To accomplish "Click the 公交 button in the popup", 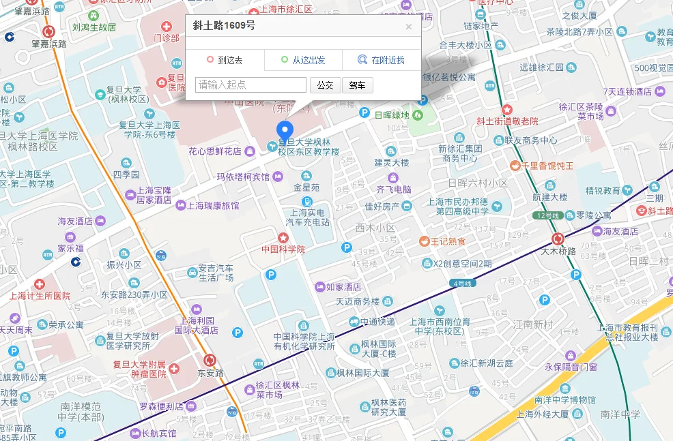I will pos(325,85).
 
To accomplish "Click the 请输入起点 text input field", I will pos(250,85).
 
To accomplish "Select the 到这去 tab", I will pos(225,60).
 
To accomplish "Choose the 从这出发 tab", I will pos(303,60).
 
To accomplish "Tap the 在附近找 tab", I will pos(381,60).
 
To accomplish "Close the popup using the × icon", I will pos(409,27).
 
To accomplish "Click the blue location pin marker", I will pos(284,130).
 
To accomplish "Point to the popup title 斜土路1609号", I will pos(224,26).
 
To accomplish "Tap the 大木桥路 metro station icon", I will pos(558,239).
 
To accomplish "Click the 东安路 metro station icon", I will pos(210,360).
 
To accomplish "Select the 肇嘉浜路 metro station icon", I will pos(48,31).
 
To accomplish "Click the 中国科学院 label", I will pos(283,249).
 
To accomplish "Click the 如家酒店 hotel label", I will pos(343,287).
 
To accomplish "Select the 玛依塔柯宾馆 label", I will pos(243,177).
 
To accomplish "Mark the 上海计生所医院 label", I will pos(40,296).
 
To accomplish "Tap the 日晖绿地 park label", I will pos(392,115).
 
